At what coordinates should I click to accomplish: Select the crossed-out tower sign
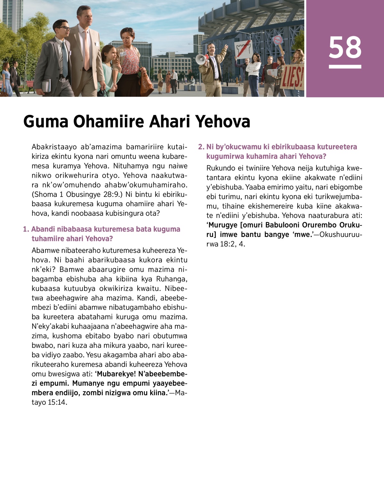pos(244,50)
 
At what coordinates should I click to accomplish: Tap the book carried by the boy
pos(46,85)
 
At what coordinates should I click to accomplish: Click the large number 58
pos(345,47)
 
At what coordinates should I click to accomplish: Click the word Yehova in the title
pos(223,122)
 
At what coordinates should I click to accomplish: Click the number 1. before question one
pos(26,229)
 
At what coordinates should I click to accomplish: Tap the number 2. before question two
pos(201,147)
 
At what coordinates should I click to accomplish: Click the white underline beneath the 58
pos(345,67)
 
